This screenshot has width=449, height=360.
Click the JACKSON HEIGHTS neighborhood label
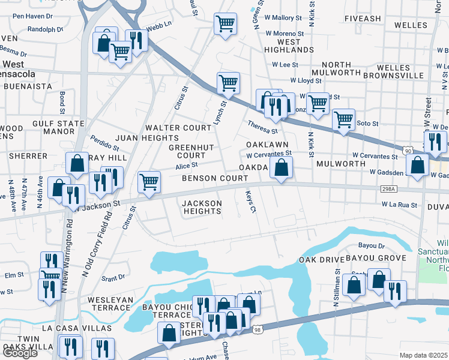(202, 207)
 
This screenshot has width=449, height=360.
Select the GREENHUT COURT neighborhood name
(191, 151)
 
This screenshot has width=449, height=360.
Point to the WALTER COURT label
(178, 128)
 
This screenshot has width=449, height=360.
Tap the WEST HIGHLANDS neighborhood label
(289, 46)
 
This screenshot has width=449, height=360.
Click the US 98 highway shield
(258, 329)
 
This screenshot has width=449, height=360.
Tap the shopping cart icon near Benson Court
(148, 181)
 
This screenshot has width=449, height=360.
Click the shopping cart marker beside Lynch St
(228, 83)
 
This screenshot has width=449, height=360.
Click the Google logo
(20, 353)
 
